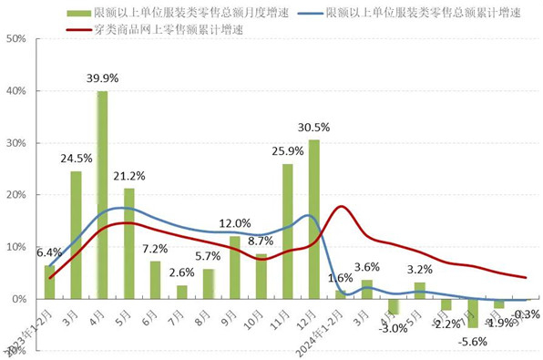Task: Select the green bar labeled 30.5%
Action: [313, 219]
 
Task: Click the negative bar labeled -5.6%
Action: [472, 313]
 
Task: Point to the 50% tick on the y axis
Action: [15, 40]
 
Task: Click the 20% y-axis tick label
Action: [15, 195]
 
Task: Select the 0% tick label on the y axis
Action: [18, 299]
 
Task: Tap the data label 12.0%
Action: [234, 223]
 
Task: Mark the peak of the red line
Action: [340, 206]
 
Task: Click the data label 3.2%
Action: [419, 269]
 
